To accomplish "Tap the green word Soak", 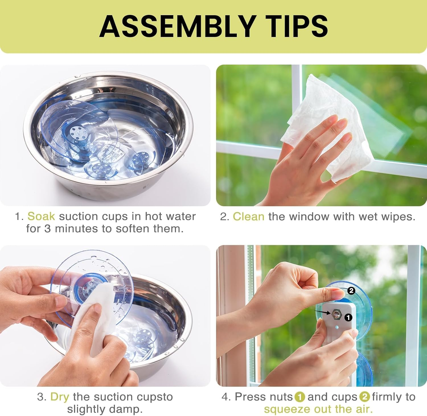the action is (x=41, y=216).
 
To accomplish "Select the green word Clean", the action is (x=249, y=216).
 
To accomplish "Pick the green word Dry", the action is (x=60, y=397).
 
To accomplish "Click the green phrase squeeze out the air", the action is (x=318, y=409).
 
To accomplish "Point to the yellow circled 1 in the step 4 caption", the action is (x=300, y=397).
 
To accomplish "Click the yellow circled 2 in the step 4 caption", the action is (x=365, y=397).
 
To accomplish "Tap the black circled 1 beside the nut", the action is (x=348, y=317).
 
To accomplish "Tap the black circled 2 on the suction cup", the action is (x=351, y=291).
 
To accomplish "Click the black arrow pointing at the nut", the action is (x=323, y=312).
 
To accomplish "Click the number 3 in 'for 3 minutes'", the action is (x=47, y=229).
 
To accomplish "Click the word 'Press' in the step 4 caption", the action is (x=249, y=397).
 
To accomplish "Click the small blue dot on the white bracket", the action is (x=337, y=327).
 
